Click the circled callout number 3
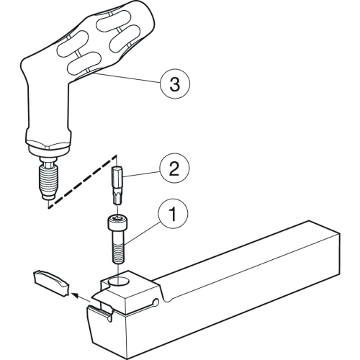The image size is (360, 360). tap(175, 84)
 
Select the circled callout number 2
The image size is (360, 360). tap(174, 168)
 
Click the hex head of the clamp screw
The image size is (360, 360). tap(117, 222)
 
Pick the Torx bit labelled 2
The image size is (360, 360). tap(117, 185)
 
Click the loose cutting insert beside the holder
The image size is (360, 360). tap(51, 284)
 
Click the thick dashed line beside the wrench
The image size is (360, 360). tap(82, 181)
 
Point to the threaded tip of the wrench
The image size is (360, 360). tap(48, 178)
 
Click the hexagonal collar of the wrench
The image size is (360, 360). tap(48, 143)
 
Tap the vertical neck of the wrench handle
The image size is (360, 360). tap(49, 108)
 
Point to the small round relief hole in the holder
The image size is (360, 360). tap(156, 302)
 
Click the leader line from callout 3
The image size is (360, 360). tap(127, 78)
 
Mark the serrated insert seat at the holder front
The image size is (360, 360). tap(100, 311)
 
